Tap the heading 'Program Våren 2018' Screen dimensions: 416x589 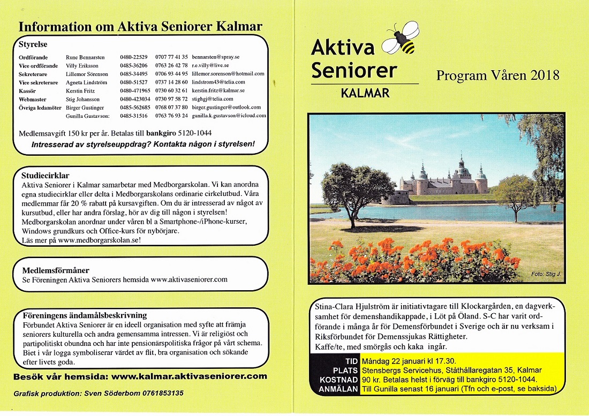[x=497, y=75]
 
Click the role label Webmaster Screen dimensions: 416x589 [x=32, y=99]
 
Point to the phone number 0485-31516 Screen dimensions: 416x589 [x=134, y=116]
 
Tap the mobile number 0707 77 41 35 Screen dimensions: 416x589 [x=171, y=57]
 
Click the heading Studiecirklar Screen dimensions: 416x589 [x=46, y=175]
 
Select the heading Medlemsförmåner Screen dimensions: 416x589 [x=56, y=270]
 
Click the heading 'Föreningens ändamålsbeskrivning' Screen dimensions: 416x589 [x=85, y=315]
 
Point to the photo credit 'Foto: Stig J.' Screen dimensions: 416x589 [x=544, y=274]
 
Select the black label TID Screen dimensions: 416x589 [x=350, y=361]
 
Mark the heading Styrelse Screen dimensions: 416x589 [x=33, y=44]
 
